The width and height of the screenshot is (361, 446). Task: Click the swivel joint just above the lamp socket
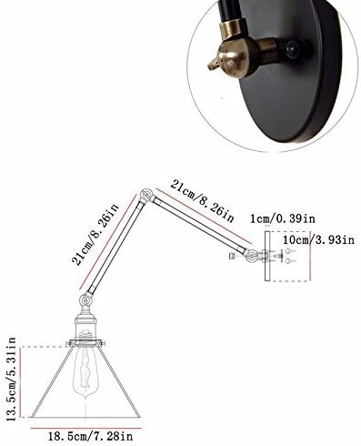(86, 299)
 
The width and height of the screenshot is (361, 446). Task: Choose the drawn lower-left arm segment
(115, 247)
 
